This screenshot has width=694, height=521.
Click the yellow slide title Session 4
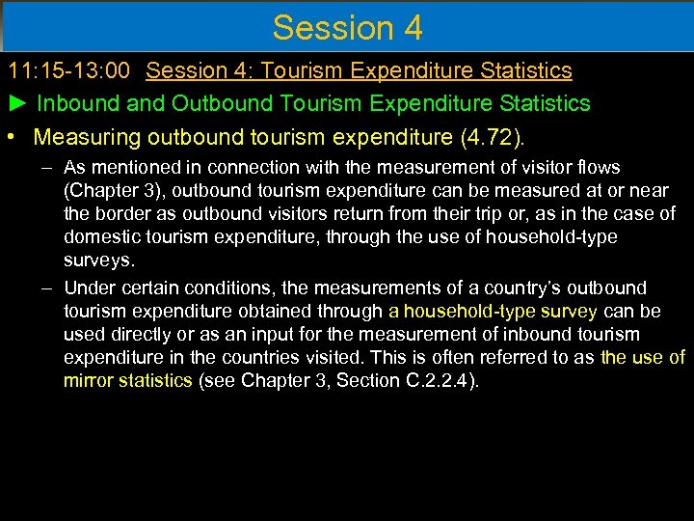click(347, 27)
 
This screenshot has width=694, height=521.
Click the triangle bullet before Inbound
click(16, 103)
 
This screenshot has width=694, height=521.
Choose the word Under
click(90, 288)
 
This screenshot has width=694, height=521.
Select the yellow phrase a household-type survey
click(493, 312)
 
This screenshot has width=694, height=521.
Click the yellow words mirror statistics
click(128, 381)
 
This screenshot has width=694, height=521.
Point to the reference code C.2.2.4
click(423, 381)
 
